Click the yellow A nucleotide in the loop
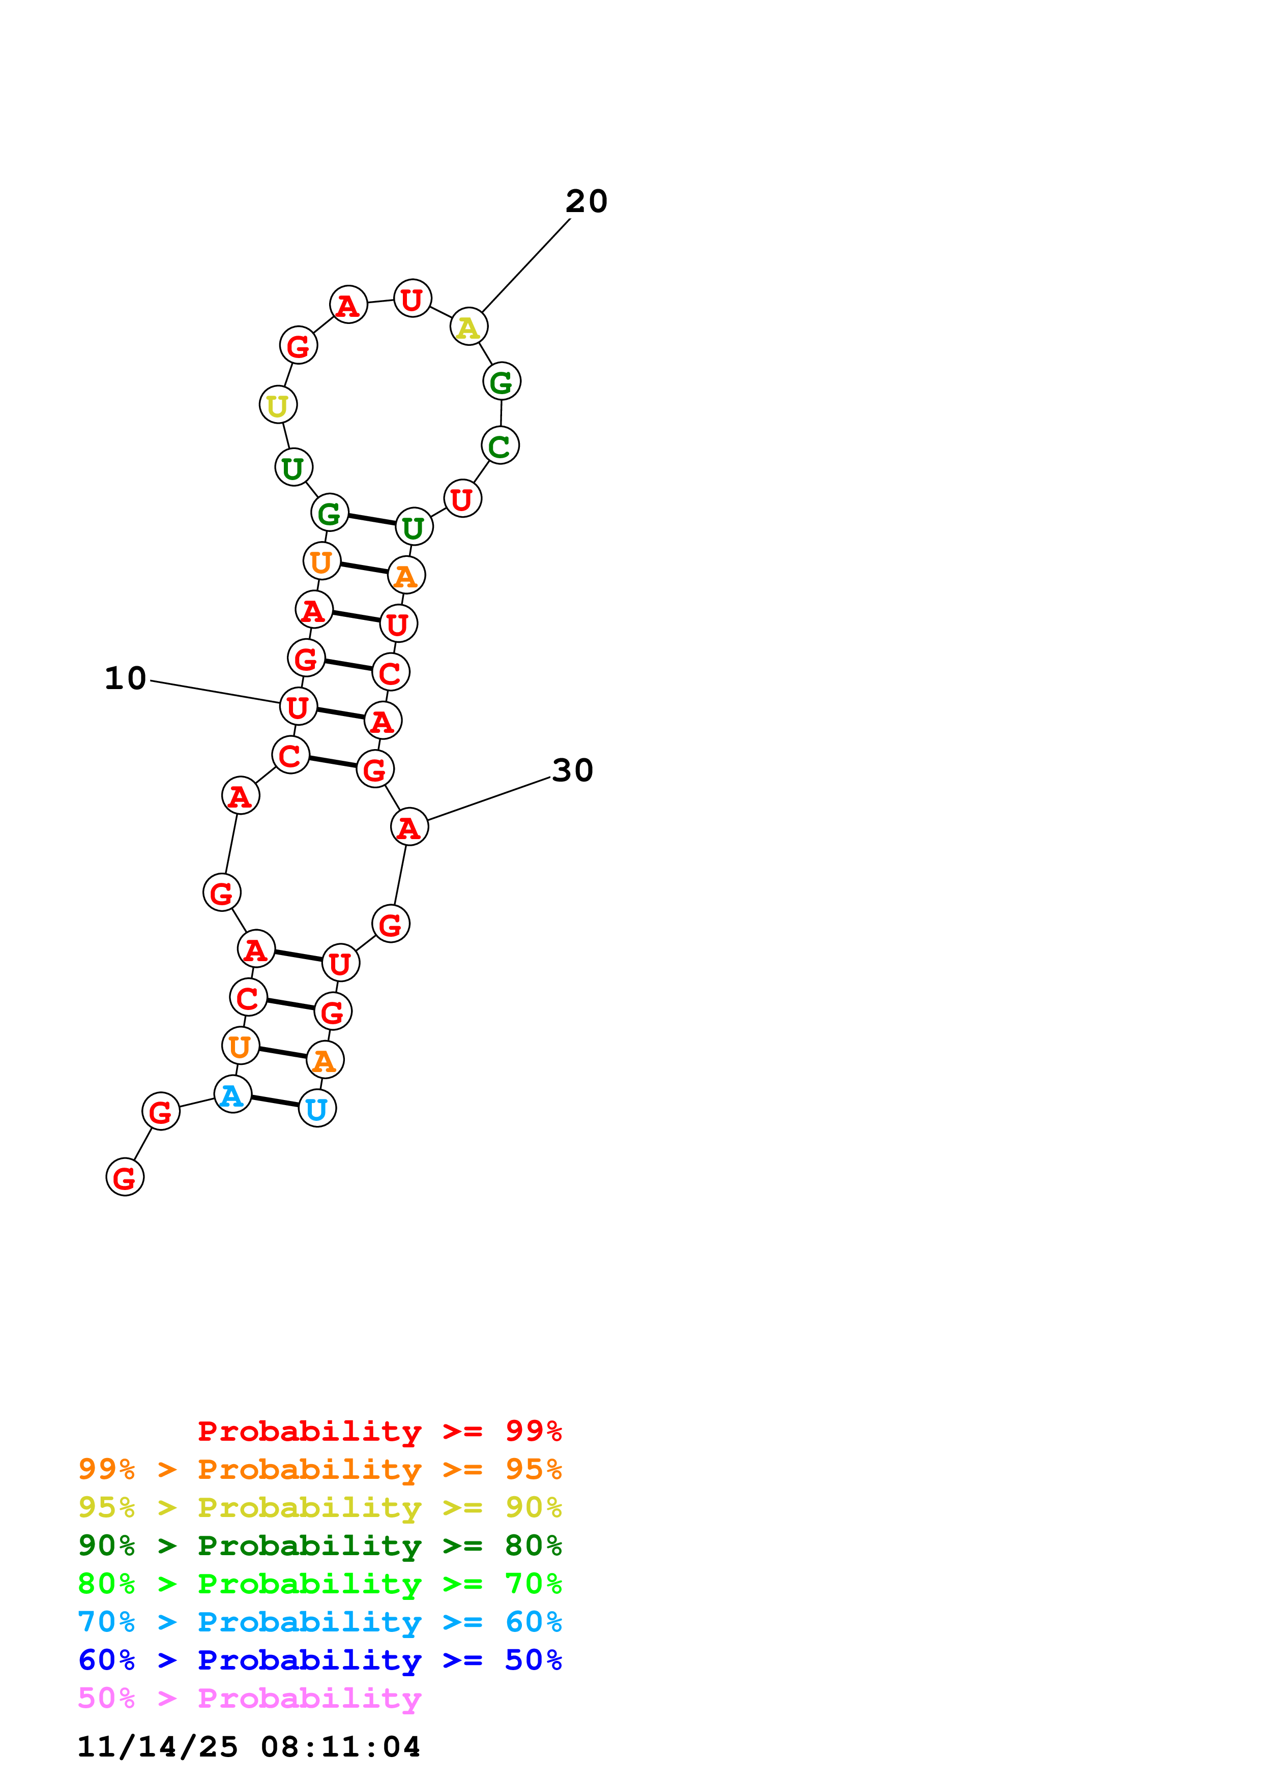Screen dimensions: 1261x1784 pyautogui.click(x=468, y=327)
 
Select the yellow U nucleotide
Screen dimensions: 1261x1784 pyautogui.click(x=277, y=405)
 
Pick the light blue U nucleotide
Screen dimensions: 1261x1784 pyautogui.click(x=317, y=1109)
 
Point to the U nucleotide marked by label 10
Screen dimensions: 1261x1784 pyautogui.click(x=298, y=707)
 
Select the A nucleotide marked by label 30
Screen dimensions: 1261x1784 pyautogui.click(x=408, y=827)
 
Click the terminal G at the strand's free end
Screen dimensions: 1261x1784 pyautogui.click(x=124, y=1177)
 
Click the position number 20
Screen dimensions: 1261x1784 pyautogui.click(x=586, y=201)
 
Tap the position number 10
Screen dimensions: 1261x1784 pyautogui.click(x=125, y=678)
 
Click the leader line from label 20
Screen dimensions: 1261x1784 pyautogui.click(x=525, y=266)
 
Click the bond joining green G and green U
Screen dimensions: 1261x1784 pyautogui.click(x=371, y=520)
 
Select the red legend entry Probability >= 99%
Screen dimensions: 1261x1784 pyautogui.click(x=379, y=1431)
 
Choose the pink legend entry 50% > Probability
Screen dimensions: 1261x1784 pyautogui.click(x=249, y=1698)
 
